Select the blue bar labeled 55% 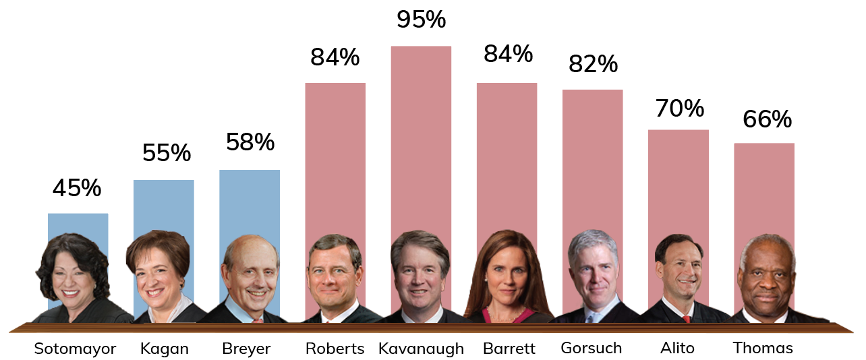[x=164, y=202]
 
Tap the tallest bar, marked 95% [x=421, y=135]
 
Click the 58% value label [x=250, y=142]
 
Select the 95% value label [x=421, y=20]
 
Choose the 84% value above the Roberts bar [x=335, y=57]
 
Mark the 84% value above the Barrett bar [x=507, y=53]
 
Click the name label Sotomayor [x=75, y=349]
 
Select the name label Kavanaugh [x=421, y=349]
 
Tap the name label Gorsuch [x=591, y=348]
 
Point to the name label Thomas [x=763, y=348]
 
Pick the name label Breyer [x=246, y=349]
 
